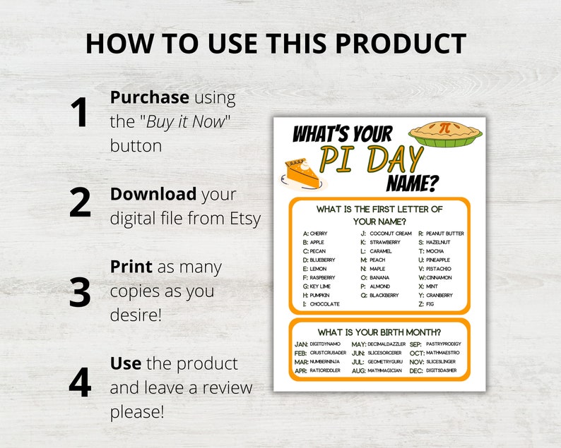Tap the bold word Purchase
coord(149,97)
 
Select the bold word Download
coord(153,194)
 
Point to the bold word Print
coord(131,267)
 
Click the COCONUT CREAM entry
coord(390,234)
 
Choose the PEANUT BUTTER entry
coord(444,234)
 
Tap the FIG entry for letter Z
coord(430,304)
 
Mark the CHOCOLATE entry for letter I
coord(324,304)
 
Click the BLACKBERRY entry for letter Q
coord(385,296)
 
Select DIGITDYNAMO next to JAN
coord(324,344)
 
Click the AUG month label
coord(358,370)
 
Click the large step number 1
coord(79,113)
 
